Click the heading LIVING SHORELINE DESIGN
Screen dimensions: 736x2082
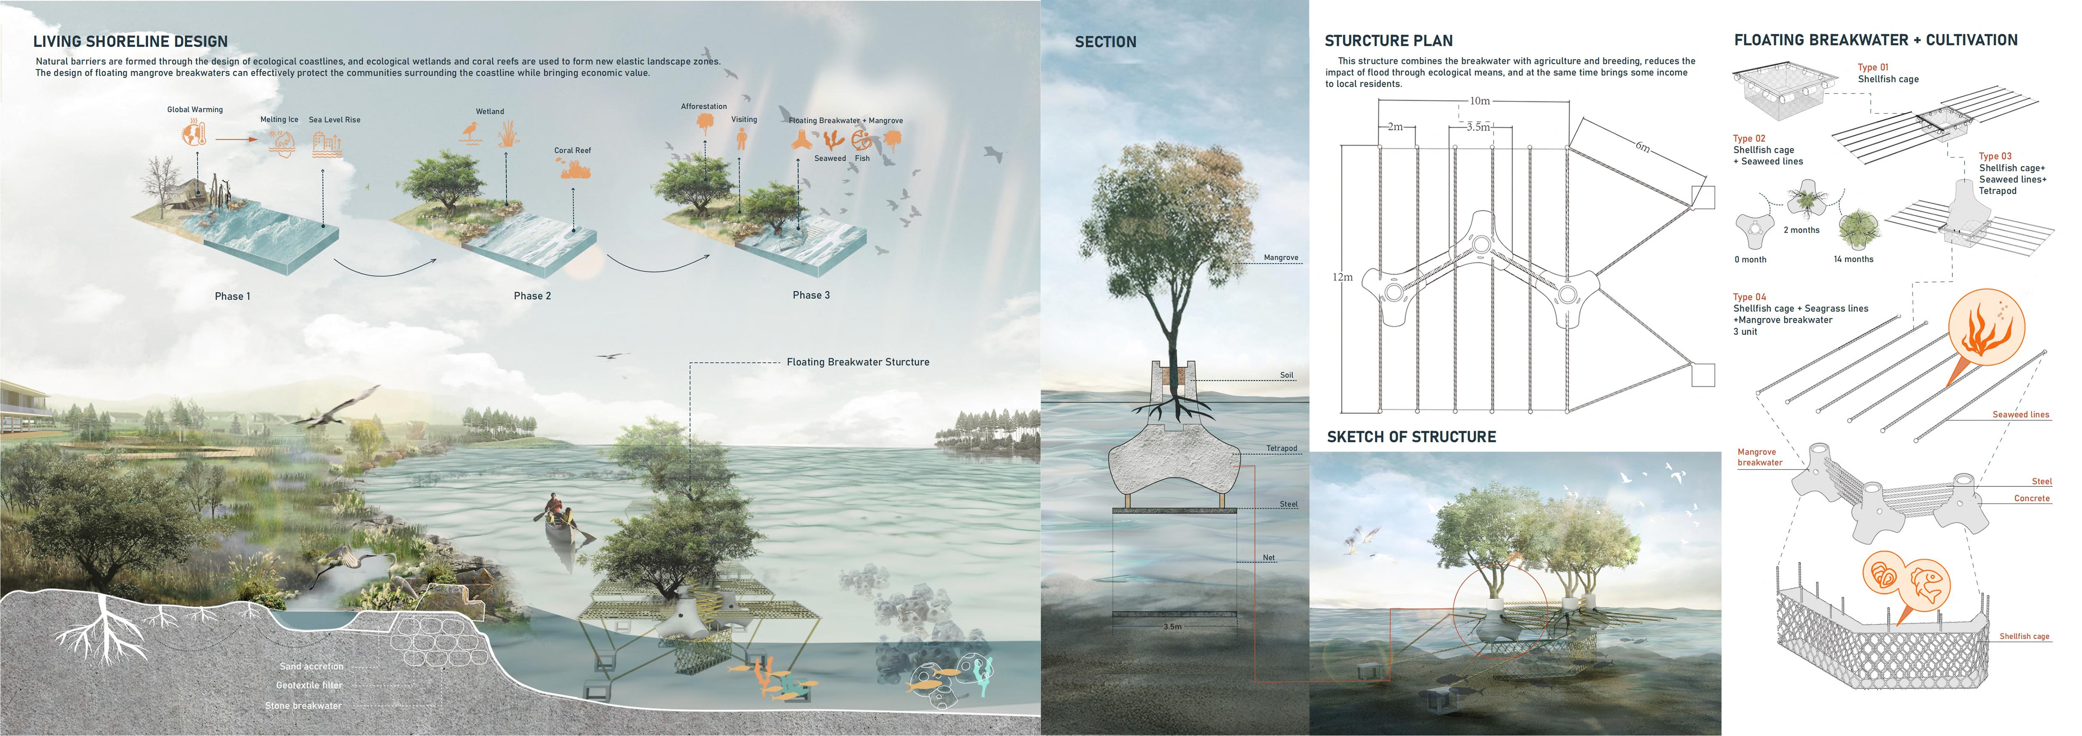pyautogui.click(x=130, y=41)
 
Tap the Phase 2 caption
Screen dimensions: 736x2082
pyautogui.click(x=532, y=296)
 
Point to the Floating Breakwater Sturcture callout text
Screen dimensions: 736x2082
pyautogui.click(x=857, y=362)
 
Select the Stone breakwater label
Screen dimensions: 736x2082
pyautogui.click(x=303, y=705)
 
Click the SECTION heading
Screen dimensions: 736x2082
pyautogui.click(x=1105, y=42)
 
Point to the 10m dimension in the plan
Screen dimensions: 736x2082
pyautogui.click(x=1479, y=101)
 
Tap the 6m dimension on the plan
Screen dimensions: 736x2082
pyautogui.click(x=1642, y=147)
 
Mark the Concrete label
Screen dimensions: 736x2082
pyautogui.click(x=2031, y=498)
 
